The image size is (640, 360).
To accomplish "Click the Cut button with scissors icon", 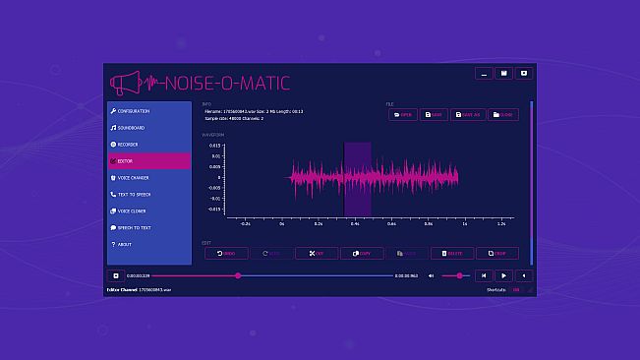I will [316, 253].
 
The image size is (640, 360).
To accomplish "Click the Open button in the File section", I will [402, 114].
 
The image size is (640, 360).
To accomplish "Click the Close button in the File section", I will [502, 114].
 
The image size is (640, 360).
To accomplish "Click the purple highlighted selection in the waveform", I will [357, 178].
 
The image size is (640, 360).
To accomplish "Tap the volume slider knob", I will [459, 275].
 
